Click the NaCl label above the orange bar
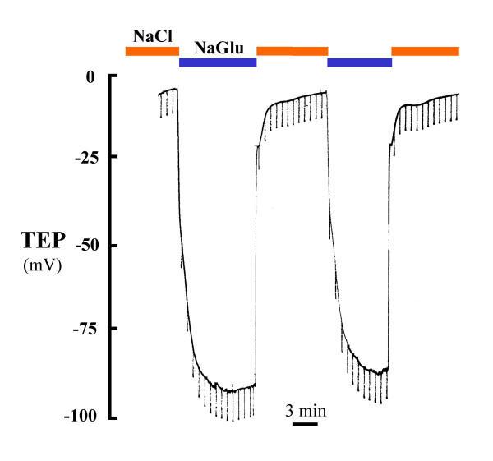(151, 35)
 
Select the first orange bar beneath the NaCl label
(152, 51)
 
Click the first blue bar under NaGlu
(218, 63)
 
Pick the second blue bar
(359, 63)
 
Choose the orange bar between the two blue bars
(292, 51)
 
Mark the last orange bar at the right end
(425, 51)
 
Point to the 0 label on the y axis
(90, 76)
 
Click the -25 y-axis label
(84, 156)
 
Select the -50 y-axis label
(84, 246)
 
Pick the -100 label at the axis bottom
(81, 417)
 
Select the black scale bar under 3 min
(304, 424)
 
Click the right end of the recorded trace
(458, 94)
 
